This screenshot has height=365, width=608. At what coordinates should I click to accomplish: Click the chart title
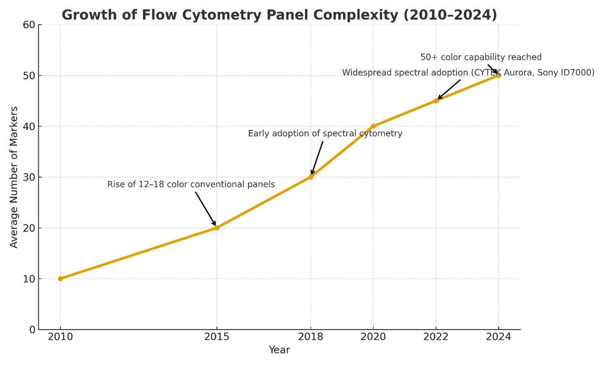pyautogui.click(x=279, y=14)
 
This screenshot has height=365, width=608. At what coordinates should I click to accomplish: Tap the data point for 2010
pyautogui.click(x=60, y=279)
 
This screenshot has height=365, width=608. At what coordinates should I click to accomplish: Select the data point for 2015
pyautogui.click(x=217, y=228)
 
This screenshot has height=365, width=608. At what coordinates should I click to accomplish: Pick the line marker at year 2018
pyautogui.click(x=311, y=177)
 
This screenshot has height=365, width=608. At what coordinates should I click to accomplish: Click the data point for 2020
pyautogui.click(x=373, y=126)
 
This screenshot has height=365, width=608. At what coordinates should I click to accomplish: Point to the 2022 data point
pyautogui.click(x=436, y=101)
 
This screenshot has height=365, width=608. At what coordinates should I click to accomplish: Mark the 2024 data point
pyautogui.click(x=498, y=76)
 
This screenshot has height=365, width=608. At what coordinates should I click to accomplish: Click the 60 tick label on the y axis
pyautogui.click(x=29, y=25)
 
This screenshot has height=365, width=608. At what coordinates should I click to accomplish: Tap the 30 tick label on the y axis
pyautogui.click(x=29, y=177)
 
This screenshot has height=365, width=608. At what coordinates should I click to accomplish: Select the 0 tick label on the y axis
pyautogui.click(x=32, y=329)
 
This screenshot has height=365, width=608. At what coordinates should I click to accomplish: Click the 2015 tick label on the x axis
pyautogui.click(x=217, y=337)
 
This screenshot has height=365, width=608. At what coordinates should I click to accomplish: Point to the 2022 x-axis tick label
pyautogui.click(x=436, y=337)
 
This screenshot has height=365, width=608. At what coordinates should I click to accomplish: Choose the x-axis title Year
pyautogui.click(x=279, y=350)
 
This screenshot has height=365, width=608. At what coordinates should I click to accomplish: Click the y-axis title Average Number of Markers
pyautogui.click(x=14, y=177)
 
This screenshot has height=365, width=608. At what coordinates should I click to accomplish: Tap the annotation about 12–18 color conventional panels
pyautogui.click(x=191, y=185)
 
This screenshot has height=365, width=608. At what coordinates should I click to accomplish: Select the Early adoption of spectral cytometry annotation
pyautogui.click(x=325, y=134)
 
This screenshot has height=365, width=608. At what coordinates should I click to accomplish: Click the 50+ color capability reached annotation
pyautogui.click(x=481, y=57)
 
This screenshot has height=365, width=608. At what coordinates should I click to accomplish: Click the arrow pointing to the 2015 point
pyautogui.click(x=205, y=208)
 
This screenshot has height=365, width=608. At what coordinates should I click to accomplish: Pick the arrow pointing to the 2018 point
pyautogui.click(x=317, y=157)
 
